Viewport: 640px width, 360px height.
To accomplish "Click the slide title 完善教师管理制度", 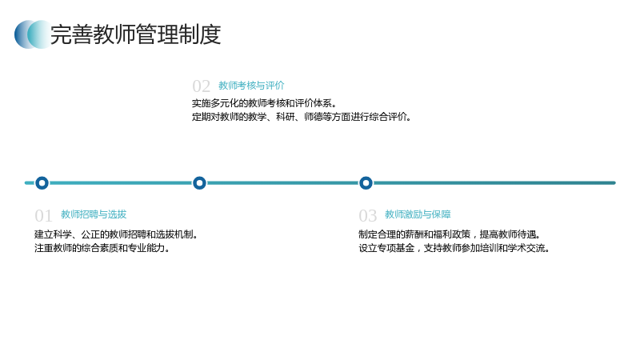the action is [x=135, y=34].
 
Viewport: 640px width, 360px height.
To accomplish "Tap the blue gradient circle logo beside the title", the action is [x=33, y=34].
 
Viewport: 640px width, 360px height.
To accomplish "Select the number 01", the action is [x=43, y=215].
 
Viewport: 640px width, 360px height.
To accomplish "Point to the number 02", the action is [x=202, y=86].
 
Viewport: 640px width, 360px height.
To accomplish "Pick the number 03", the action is [x=367, y=215].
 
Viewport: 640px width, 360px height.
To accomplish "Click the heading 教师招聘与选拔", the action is [x=94, y=214].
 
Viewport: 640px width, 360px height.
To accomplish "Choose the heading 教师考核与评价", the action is [x=251, y=86].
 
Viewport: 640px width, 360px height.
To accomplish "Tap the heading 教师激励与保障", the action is [x=418, y=214].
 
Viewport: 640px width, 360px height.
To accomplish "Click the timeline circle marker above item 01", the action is [x=42, y=183].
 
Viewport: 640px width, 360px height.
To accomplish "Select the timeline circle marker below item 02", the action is [x=199, y=183].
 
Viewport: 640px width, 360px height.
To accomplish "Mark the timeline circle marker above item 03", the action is [x=366, y=183].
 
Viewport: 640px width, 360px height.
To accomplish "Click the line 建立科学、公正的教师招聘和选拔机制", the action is [x=116, y=234].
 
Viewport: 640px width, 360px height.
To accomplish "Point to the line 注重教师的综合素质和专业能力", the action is [x=102, y=248].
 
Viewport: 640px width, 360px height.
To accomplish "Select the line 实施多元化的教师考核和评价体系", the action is [x=264, y=103].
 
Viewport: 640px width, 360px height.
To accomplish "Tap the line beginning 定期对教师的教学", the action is [x=302, y=117].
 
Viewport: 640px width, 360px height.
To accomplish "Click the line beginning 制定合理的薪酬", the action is [x=450, y=234].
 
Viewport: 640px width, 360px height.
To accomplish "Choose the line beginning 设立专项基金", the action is [x=454, y=248].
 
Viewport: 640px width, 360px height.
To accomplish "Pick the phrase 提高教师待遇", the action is [x=510, y=234].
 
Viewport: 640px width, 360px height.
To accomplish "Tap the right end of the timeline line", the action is [x=614, y=183].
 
